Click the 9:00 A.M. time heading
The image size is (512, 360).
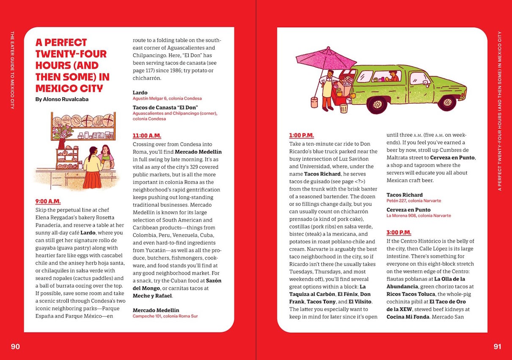pyautogui.click(x=48, y=202)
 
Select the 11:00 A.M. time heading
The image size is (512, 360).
pyautogui.click(x=147, y=136)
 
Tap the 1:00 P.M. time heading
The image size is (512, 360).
pyautogui.click(x=301, y=136)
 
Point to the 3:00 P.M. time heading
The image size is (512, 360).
pyautogui.click(x=399, y=233)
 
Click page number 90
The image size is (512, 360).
pyautogui.click(x=15, y=346)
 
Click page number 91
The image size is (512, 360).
pyautogui.click(x=497, y=346)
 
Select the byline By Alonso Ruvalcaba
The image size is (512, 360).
pyautogui.click(x=62, y=99)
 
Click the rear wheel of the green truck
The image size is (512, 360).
pyautogui.click(x=377, y=104)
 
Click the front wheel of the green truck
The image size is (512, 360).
pyautogui.click(x=446, y=102)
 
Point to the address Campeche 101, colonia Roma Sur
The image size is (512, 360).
pyautogui.click(x=165, y=316)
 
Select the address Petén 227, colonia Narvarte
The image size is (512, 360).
pyautogui.click(x=413, y=201)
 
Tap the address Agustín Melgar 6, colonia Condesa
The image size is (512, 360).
pyautogui.click(x=167, y=98)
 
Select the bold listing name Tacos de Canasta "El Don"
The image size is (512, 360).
pyautogui.click(x=165, y=107)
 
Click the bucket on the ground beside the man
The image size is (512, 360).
pyautogui.click(x=314, y=102)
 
